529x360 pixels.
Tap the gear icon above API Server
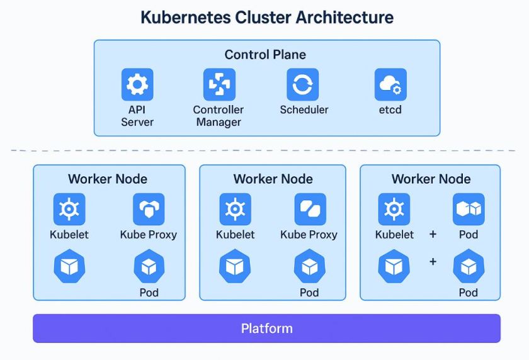click(x=137, y=85)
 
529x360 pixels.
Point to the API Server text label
click(x=137, y=116)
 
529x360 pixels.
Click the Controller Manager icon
click(x=219, y=85)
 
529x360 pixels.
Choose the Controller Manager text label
click(x=219, y=116)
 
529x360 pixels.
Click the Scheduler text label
click(x=304, y=110)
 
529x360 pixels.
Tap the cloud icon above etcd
click(x=390, y=85)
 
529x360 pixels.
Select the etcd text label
click(x=390, y=110)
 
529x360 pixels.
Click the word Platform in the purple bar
click(x=266, y=329)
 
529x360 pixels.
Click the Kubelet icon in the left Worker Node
click(x=69, y=210)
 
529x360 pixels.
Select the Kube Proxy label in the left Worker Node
click(x=148, y=235)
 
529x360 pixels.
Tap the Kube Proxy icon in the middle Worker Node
click(x=310, y=210)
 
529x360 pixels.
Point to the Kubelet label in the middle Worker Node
click(x=235, y=235)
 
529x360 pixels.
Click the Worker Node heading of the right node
click(x=431, y=179)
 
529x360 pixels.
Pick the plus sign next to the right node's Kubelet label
click(x=433, y=235)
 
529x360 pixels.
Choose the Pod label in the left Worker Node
click(x=149, y=293)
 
